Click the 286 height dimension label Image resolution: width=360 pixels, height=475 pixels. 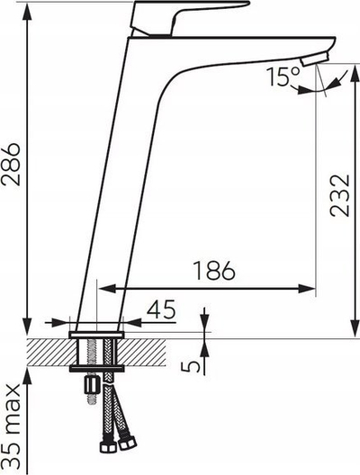pyautogui.click(x=11, y=164)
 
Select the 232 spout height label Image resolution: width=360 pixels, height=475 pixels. pyautogui.click(x=339, y=195)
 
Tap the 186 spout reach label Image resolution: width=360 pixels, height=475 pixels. pyautogui.click(x=214, y=271)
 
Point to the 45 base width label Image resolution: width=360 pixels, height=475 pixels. pyautogui.click(x=161, y=309)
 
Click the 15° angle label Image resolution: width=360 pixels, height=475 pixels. pyautogui.click(x=283, y=76)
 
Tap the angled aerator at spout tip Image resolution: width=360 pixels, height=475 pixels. pyautogui.click(x=314, y=58)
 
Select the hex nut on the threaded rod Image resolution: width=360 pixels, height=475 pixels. pyautogui.click(x=92, y=384)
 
